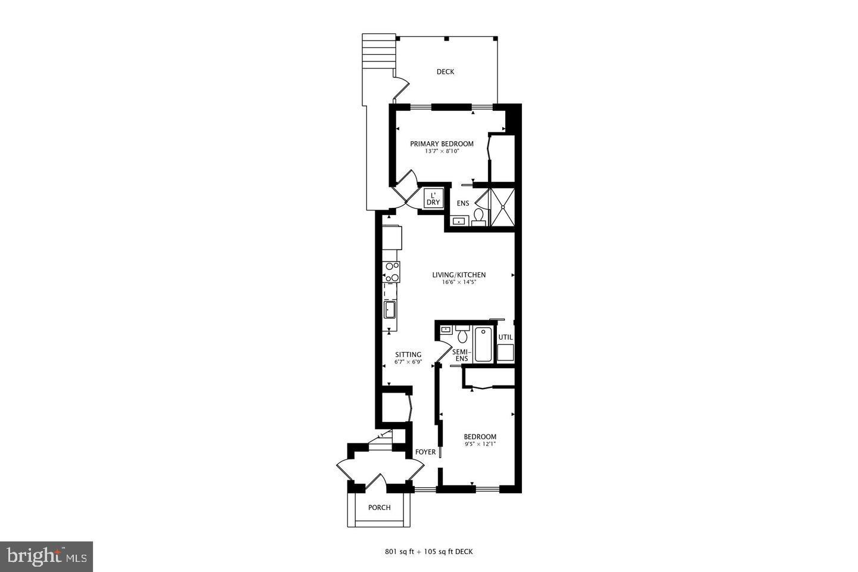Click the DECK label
(x=445, y=72)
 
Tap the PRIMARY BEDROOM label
(x=442, y=144)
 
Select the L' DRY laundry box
(x=433, y=199)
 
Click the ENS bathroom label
(x=463, y=204)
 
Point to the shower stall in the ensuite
(x=502, y=207)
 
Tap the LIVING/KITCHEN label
(x=459, y=275)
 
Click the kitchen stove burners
(x=391, y=272)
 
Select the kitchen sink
(x=390, y=309)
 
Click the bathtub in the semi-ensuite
(x=483, y=344)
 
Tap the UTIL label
(x=505, y=337)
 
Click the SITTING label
(x=408, y=355)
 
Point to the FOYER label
(x=425, y=452)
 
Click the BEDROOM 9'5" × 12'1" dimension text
(x=480, y=444)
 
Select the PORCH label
(x=380, y=508)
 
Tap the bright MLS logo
(x=46, y=557)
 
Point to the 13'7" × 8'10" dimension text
(x=442, y=151)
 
